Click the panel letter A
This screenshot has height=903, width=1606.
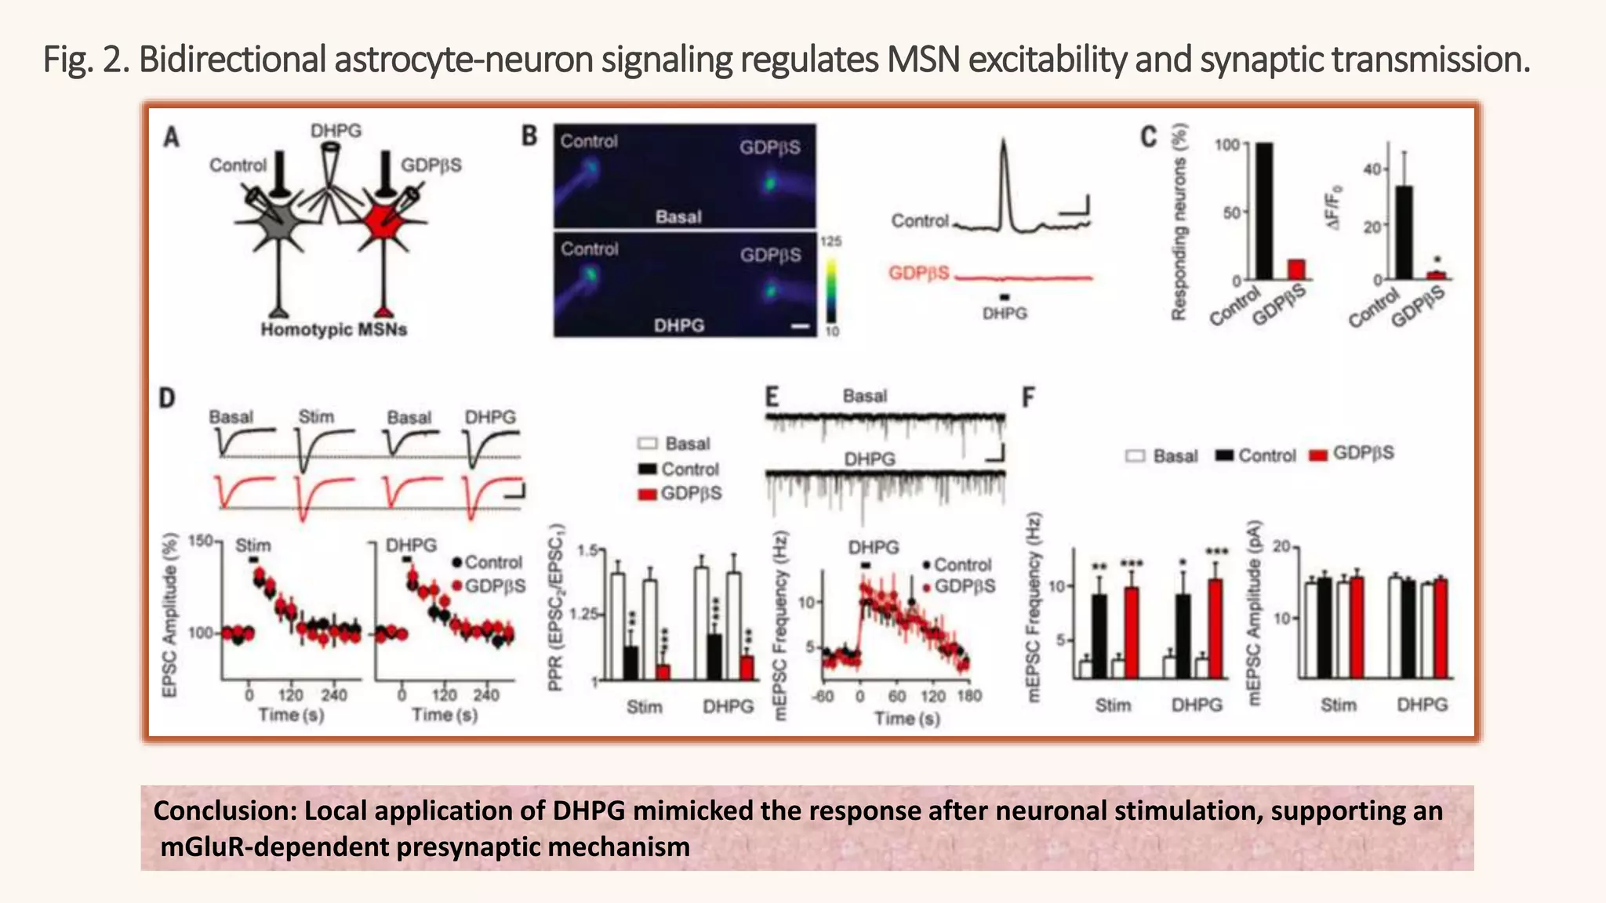[171, 137]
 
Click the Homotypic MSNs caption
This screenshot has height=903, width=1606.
[333, 330]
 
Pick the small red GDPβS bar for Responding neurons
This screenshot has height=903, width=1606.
[1296, 269]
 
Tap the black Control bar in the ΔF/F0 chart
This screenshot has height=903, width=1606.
[1404, 232]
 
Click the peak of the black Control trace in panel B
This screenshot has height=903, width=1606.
[1004, 145]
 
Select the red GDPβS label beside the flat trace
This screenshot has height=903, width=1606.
[918, 274]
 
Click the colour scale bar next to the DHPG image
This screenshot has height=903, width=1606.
[830, 286]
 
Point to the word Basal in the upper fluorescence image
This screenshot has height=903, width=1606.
[678, 217]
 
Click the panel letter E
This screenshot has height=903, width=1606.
[772, 397]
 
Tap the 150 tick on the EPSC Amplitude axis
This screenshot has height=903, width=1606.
[201, 541]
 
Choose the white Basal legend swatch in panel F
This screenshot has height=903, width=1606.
[1135, 455]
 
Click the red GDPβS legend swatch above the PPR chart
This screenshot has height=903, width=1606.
[647, 495]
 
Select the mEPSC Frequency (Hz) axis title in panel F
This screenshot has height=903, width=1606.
[1034, 607]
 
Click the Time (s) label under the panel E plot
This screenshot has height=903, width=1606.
[907, 718]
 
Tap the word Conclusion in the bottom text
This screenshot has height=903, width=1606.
[224, 811]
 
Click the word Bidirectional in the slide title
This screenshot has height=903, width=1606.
[232, 60]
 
